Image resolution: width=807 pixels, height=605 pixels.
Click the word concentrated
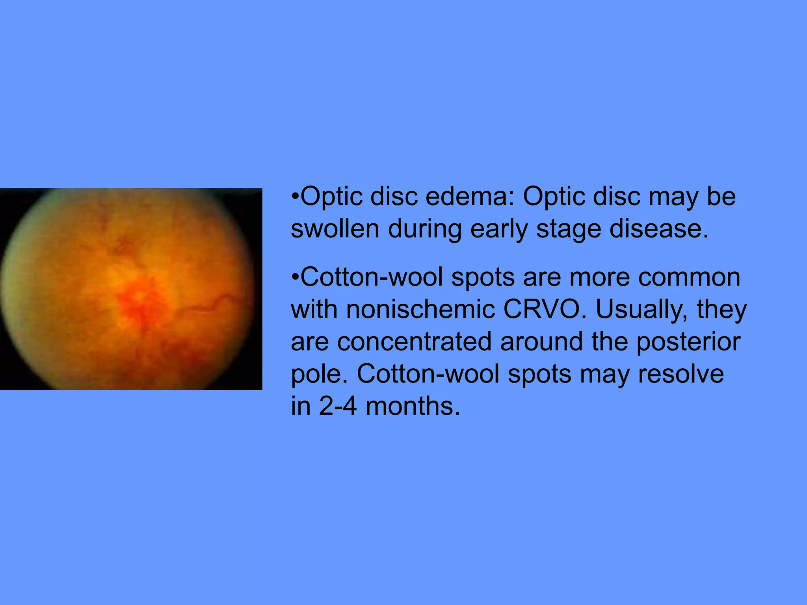[x=414, y=341]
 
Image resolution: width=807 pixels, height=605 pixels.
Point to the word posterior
[x=688, y=342]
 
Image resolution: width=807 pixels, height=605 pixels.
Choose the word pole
[x=320, y=375]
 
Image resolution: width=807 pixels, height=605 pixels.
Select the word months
[x=413, y=406]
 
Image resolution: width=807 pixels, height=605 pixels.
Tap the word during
[x=425, y=229]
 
